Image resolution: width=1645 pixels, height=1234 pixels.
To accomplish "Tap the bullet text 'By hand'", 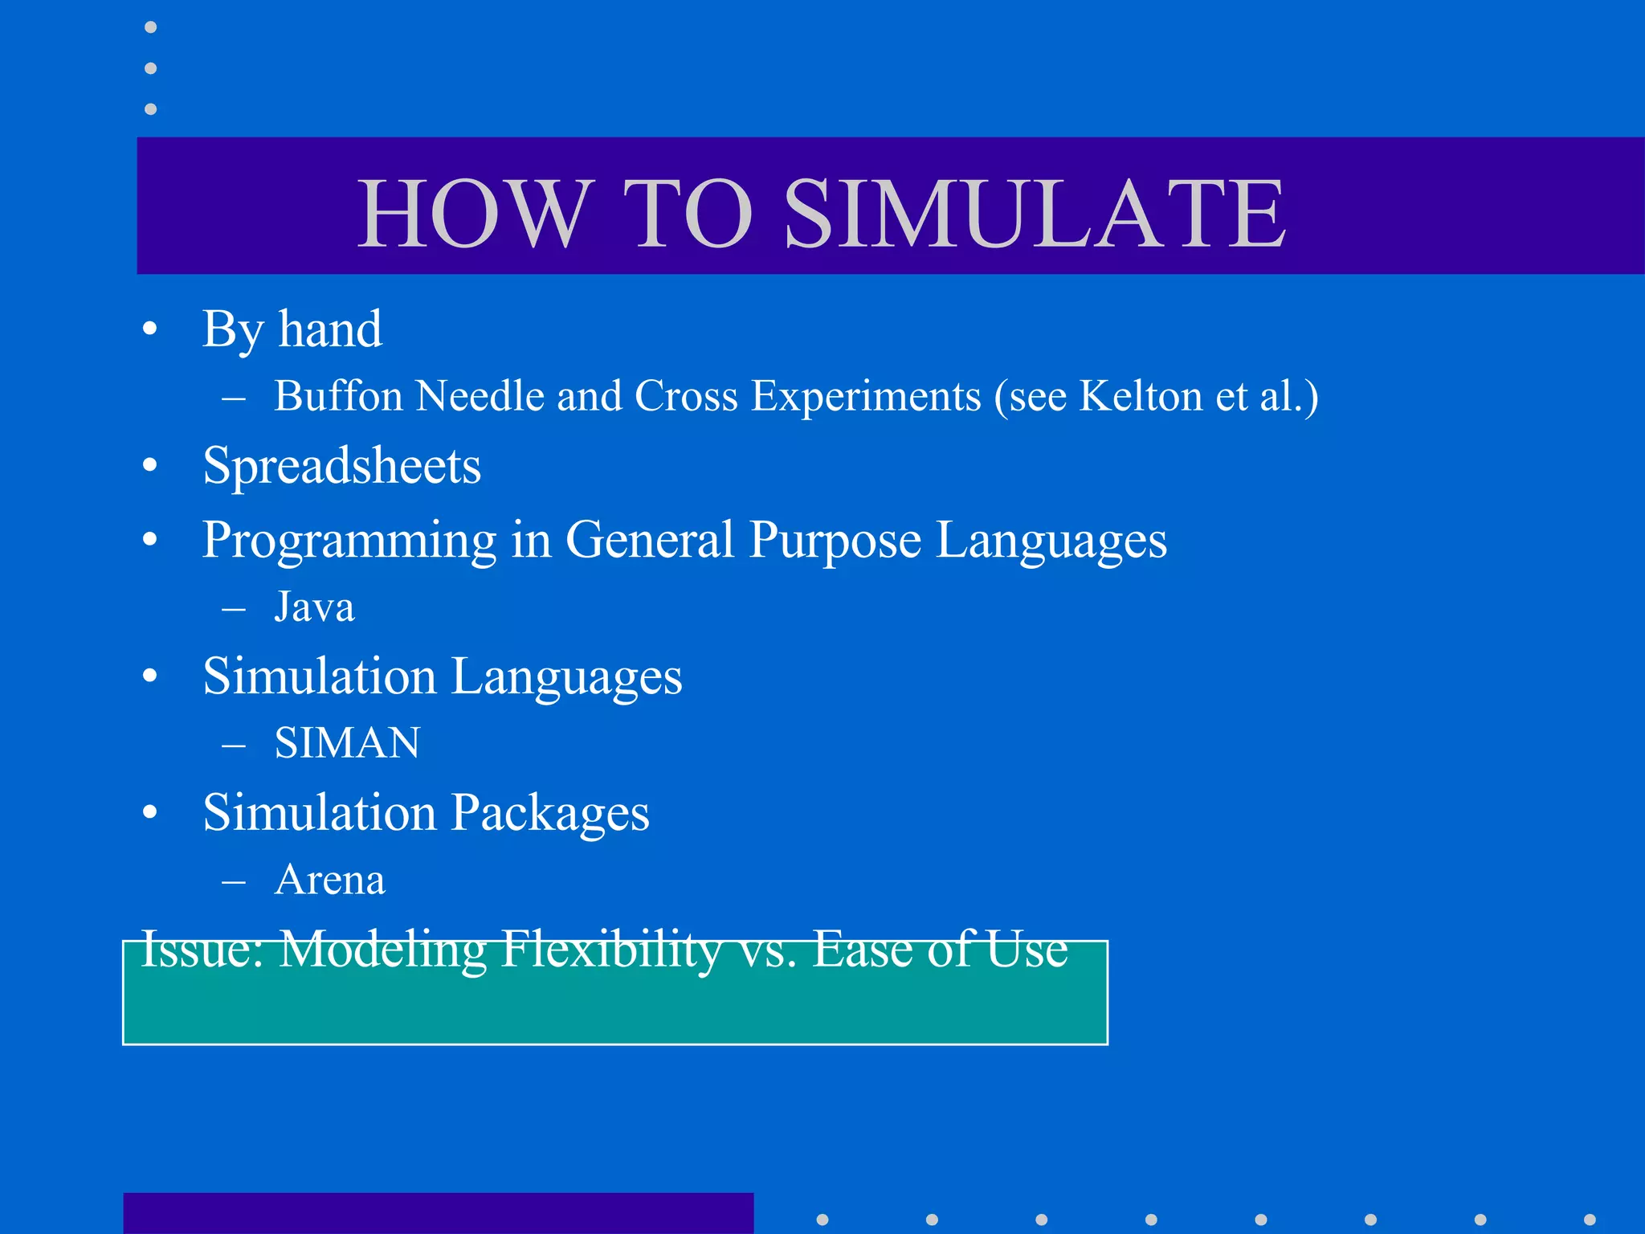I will point(292,329).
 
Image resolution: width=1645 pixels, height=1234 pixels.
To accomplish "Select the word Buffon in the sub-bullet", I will point(338,396).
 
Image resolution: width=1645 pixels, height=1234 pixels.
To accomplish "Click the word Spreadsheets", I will point(341,466).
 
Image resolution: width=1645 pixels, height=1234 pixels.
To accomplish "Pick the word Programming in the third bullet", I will point(349,540).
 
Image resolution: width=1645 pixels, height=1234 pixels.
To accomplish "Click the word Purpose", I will point(835,540).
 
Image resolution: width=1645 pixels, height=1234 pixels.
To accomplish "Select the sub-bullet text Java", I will point(314,607).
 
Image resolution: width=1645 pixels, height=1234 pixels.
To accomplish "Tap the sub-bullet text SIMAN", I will point(347,742).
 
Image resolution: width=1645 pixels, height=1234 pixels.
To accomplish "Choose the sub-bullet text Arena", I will point(329,880).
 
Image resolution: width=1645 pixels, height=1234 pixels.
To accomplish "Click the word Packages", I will point(549,813).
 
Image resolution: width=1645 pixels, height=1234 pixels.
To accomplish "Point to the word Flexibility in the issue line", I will point(610,950).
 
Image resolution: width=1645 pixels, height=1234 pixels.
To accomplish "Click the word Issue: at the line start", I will point(202,950).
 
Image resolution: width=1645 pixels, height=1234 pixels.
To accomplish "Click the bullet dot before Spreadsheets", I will point(150,466).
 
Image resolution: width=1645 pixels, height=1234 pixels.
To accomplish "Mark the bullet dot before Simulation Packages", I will point(150,813).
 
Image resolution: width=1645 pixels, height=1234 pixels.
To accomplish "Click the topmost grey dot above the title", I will point(150,27).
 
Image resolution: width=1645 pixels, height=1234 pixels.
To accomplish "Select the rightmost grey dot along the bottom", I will point(1590,1220).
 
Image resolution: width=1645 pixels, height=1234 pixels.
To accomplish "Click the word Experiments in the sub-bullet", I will point(866,396).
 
